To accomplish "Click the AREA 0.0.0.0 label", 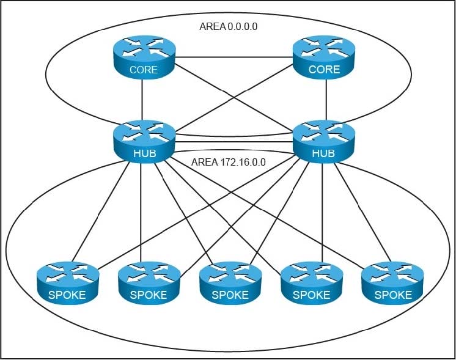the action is [x=228, y=26].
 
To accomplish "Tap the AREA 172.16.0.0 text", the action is [x=228, y=162].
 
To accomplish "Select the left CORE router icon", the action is [x=144, y=57].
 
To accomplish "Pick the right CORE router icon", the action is [x=324, y=57].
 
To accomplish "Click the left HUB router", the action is [x=144, y=142].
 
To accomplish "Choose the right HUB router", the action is [x=324, y=142].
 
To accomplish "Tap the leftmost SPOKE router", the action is [x=68, y=283].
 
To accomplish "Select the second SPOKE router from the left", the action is [x=149, y=283].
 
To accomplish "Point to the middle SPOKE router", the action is [x=230, y=283].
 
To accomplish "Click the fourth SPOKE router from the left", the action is [x=312, y=283].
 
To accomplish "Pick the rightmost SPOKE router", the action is [x=392, y=283].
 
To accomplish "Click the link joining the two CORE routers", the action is [x=234, y=57].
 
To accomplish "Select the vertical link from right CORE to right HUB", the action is [x=326, y=100].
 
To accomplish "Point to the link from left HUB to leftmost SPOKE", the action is [x=101, y=211].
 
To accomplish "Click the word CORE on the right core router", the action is [x=324, y=70].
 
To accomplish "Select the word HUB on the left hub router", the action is [x=144, y=153].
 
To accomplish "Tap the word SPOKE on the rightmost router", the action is [x=393, y=295].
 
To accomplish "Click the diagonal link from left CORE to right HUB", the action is [x=234, y=98].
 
